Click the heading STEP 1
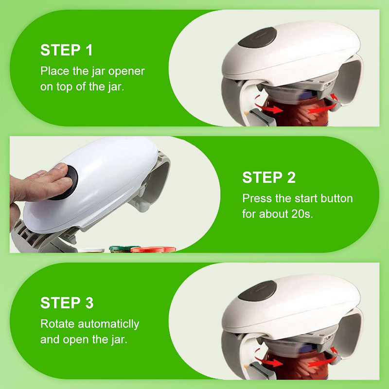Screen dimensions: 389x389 click(x=67, y=50)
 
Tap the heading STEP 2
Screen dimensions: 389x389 click(x=269, y=177)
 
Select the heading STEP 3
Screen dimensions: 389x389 click(x=67, y=302)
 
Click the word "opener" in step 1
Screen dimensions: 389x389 click(x=126, y=71)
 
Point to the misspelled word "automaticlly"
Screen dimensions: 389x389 click(x=108, y=324)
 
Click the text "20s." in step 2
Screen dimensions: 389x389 click(x=302, y=214)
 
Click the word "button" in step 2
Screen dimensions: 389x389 click(x=336, y=198)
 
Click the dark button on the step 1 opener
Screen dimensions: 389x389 click(x=258, y=37)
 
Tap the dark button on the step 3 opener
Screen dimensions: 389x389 click(x=258, y=290)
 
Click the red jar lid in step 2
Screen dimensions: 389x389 click(x=153, y=249)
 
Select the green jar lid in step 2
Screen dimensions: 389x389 click(x=122, y=248)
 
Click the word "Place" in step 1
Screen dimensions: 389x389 click(x=55, y=71)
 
